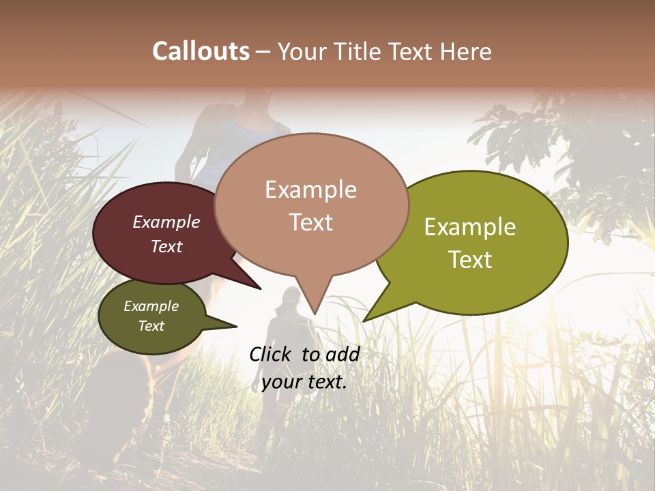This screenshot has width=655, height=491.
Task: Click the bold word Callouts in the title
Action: [x=201, y=52]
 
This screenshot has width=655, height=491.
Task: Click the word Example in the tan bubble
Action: [x=310, y=190]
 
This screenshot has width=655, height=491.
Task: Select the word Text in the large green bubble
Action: [x=470, y=260]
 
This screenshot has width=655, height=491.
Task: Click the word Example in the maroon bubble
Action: [x=166, y=222]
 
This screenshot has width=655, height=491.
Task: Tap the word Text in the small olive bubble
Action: [x=151, y=326]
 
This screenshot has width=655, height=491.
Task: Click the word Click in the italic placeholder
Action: [x=272, y=354]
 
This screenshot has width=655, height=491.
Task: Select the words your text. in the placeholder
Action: [x=304, y=382]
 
